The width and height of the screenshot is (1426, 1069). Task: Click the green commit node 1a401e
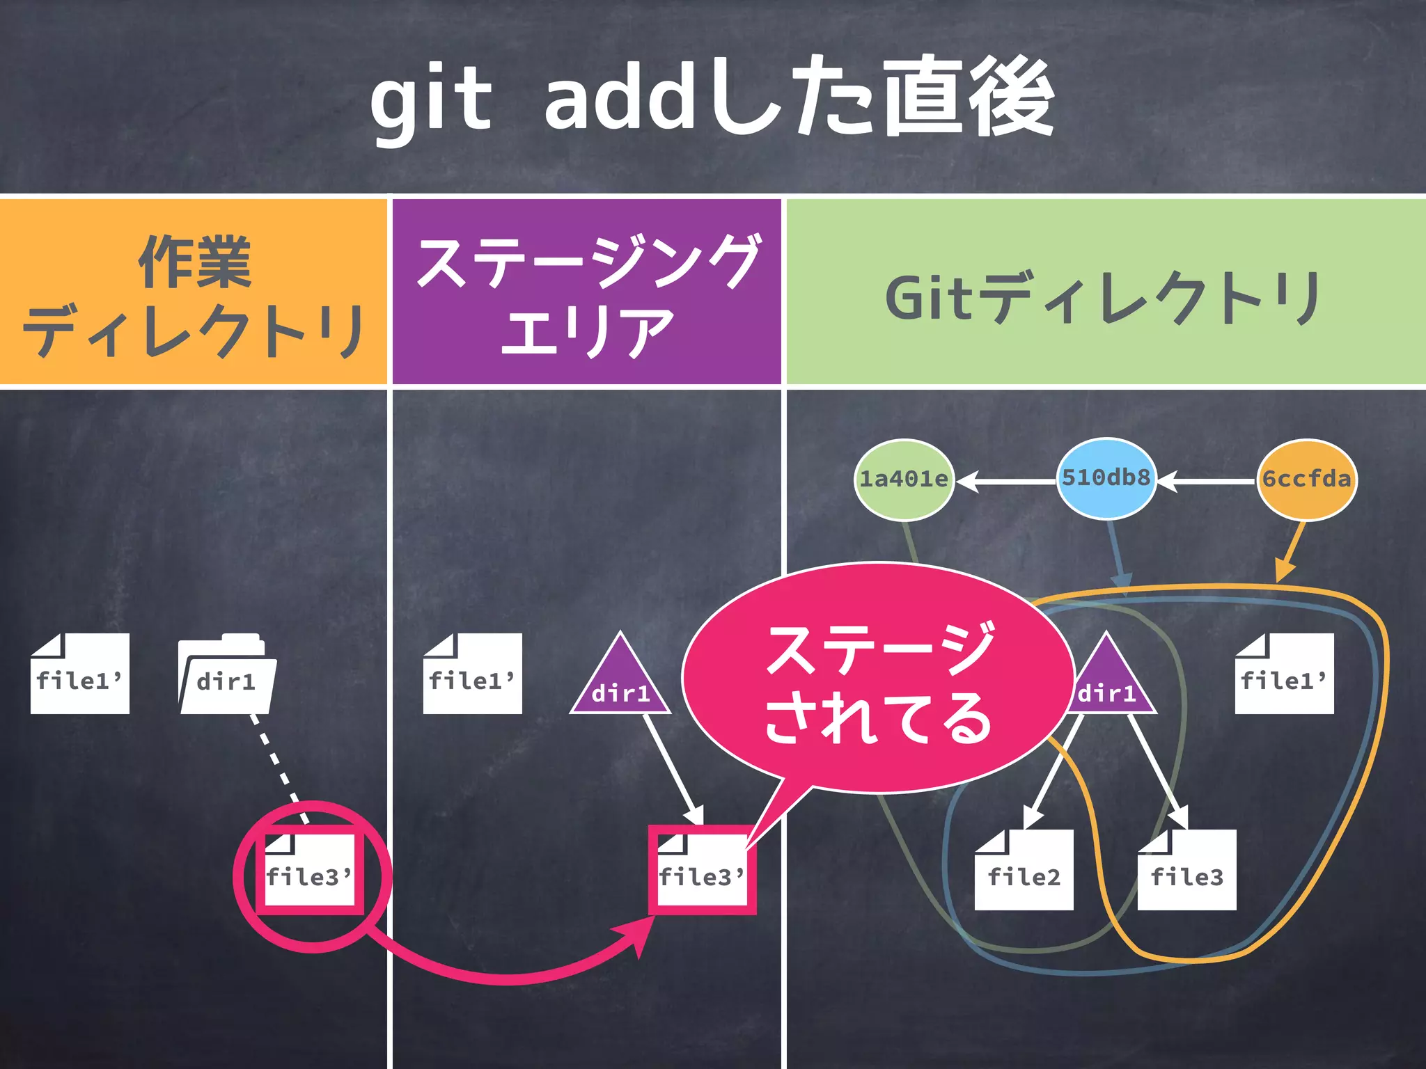tap(904, 480)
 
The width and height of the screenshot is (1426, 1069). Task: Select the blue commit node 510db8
tap(1106, 478)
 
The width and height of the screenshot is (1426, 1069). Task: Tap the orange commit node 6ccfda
tap(1306, 480)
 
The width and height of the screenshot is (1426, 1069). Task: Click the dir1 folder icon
tap(227, 675)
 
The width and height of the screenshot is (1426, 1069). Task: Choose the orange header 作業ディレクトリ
tap(193, 292)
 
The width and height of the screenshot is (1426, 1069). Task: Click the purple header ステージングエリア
tap(586, 292)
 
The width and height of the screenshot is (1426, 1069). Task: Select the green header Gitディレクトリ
tap(1106, 292)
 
